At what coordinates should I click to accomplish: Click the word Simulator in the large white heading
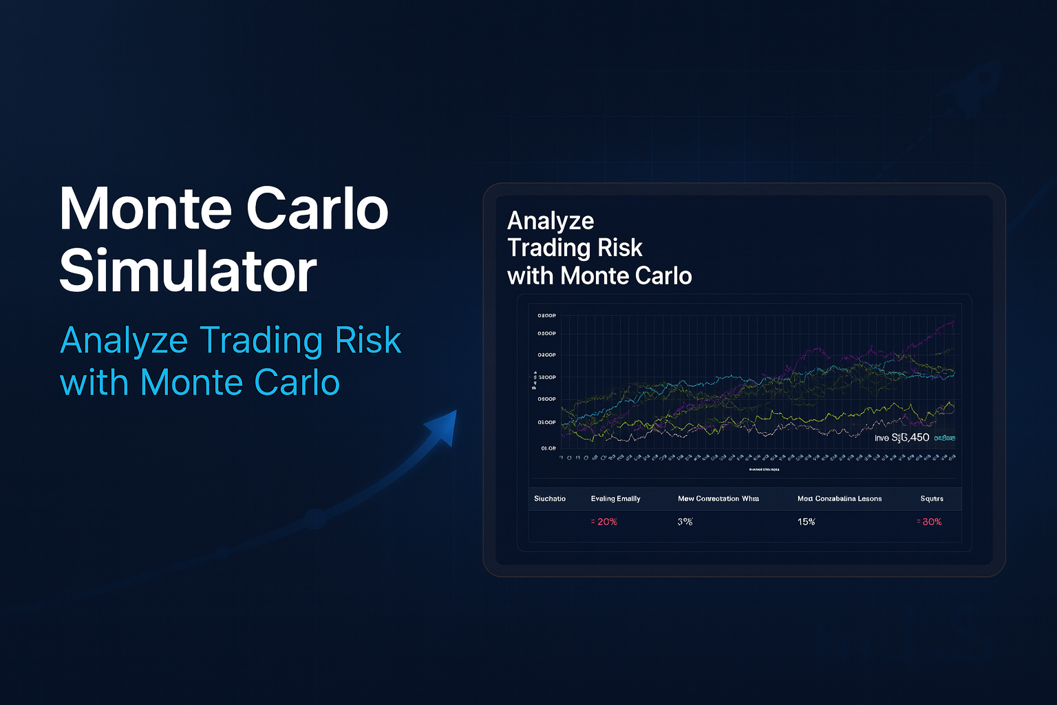pyautogui.click(x=188, y=271)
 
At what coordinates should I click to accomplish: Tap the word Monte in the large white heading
pyautogui.click(x=147, y=209)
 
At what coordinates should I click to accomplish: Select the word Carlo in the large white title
pyautogui.click(x=317, y=209)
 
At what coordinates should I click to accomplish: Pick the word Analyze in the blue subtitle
pyautogui.click(x=124, y=341)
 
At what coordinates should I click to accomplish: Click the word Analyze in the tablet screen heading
pyautogui.click(x=551, y=221)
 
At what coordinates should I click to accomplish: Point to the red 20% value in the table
pyautogui.click(x=604, y=522)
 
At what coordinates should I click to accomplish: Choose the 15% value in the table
pyautogui.click(x=806, y=522)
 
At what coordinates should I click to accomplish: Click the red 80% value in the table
pyautogui.click(x=930, y=522)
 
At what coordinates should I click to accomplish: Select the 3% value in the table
pyautogui.click(x=685, y=522)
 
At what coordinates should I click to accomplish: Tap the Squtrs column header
pyautogui.click(x=932, y=498)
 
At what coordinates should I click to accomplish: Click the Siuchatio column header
pyautogui.click(x=550, y=498)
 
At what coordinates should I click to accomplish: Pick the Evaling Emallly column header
pyautogui.click(x=615, y=498)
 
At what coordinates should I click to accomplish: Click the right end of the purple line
pyautogui.click(x=953, y=322)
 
